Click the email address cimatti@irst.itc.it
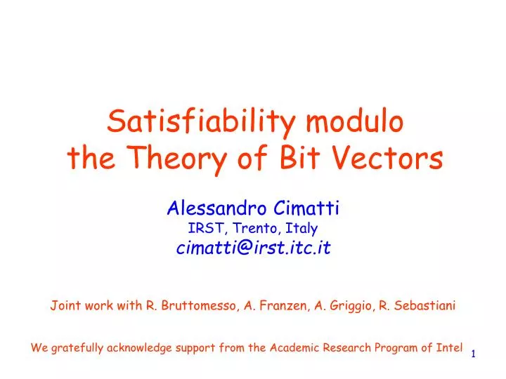pyautogui.click(x=253, y=248)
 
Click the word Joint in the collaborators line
pyautogui.click(x=63, y=305)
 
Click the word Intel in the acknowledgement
pyautogui.click(x=450, y=347)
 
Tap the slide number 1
pyautogui.click(x=474, y=354)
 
